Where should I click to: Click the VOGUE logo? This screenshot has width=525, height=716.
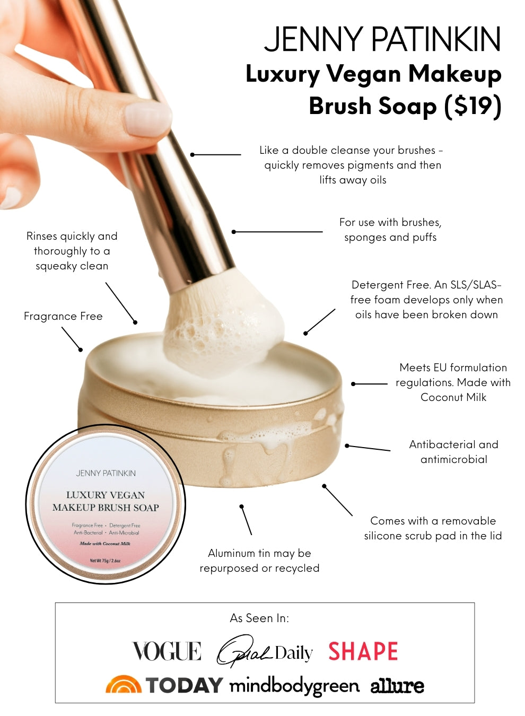[x=167, y=651]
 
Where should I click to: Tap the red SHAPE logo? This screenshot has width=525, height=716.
[x=363, y=651]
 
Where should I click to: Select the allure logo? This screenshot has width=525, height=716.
[x=397, y=686]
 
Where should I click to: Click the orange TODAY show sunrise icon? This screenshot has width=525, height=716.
[x=124, y=684]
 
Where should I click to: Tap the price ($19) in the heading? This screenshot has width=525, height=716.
[x=473, y=106]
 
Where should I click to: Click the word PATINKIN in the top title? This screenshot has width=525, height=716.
[x=436, y=39]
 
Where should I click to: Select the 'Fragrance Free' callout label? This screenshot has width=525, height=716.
[x=63, y=316]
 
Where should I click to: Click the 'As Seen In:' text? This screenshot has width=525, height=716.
[x=259, y=618]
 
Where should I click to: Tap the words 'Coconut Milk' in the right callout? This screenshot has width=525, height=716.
[x=453, y=397]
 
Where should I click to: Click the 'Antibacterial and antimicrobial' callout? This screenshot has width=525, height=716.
[x=454, y=452]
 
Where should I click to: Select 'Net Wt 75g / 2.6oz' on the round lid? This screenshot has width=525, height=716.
[x=105, y=561]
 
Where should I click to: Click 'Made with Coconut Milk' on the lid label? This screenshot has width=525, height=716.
[x=105, y=544]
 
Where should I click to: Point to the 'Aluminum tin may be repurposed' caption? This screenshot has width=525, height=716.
[x=259, y=561]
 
